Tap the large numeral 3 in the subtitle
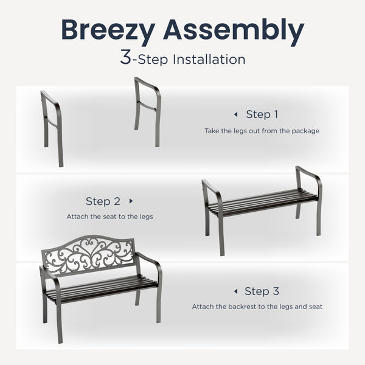coord(125,58)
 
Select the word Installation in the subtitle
coord(210,60)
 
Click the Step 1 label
coord(262,114)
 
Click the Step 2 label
coord(103,201)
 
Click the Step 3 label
coord(262,291)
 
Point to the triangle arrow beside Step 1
coord(235,114)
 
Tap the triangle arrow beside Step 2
coord(130,201)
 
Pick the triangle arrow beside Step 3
coord(235,291)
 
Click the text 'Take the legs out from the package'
coord(262,131)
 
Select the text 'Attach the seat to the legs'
coord(109,217)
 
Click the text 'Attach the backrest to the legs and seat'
coord(257,307)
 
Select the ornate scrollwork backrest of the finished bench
coord(89,254)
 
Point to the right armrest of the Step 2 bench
coord(310,176)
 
